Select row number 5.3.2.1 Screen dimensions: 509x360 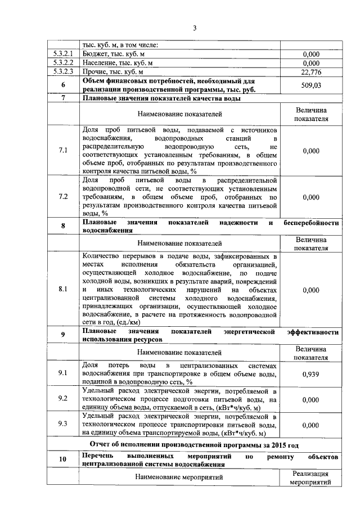tap(64, 54)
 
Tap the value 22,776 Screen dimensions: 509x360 tap(311, 72)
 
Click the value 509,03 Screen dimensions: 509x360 tap(311, 85)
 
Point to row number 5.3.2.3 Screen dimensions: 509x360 tap(64, 72)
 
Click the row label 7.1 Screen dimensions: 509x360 tap(63, 151)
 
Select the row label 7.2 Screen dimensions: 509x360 tap(63, 197)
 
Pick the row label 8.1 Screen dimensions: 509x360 tap(63, 289)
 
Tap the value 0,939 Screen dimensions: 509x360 tap(311, 374)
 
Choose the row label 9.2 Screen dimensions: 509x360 tap(63, 399)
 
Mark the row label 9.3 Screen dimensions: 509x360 tap(63, 425)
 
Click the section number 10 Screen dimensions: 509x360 tap(63, 461)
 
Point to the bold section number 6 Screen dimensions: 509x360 tap(63, 85)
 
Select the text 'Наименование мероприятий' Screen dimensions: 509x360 tap(179, 478)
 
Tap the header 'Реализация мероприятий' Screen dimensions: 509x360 tap(311, 478)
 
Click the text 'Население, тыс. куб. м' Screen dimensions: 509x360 tap(121, 63)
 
